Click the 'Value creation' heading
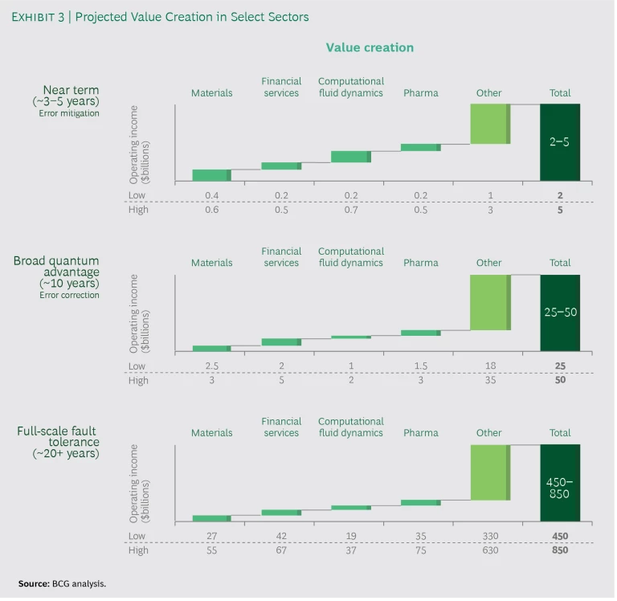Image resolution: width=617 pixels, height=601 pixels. tap(370, 47)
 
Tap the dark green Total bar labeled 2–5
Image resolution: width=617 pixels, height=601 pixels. tap(560, 142)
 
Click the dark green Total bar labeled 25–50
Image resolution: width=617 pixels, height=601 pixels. tap(560, 313)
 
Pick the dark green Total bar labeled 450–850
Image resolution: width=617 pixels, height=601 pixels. tap(560, 483)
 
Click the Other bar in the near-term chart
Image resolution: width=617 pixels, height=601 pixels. tap(489, 124)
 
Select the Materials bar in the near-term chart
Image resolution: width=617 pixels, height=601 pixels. tap(211, 175)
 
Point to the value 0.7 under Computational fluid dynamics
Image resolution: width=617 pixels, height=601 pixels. tap(351, 211)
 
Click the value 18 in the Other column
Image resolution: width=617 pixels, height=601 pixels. tap(489, 366)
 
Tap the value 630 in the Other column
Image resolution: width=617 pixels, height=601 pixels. tap(489, 550)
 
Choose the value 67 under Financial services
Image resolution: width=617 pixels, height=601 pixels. tap(281, 550)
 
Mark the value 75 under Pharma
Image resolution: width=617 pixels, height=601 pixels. tap(421, 550)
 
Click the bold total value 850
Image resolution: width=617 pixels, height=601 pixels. tap(560, 550)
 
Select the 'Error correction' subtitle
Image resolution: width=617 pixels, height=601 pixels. tap(70, 295)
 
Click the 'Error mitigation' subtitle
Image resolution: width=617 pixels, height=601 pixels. tap(70, 113)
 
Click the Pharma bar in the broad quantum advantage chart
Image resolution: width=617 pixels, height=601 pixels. tap(421, 333)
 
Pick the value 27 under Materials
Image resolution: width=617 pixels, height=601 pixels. tap(211, 536)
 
